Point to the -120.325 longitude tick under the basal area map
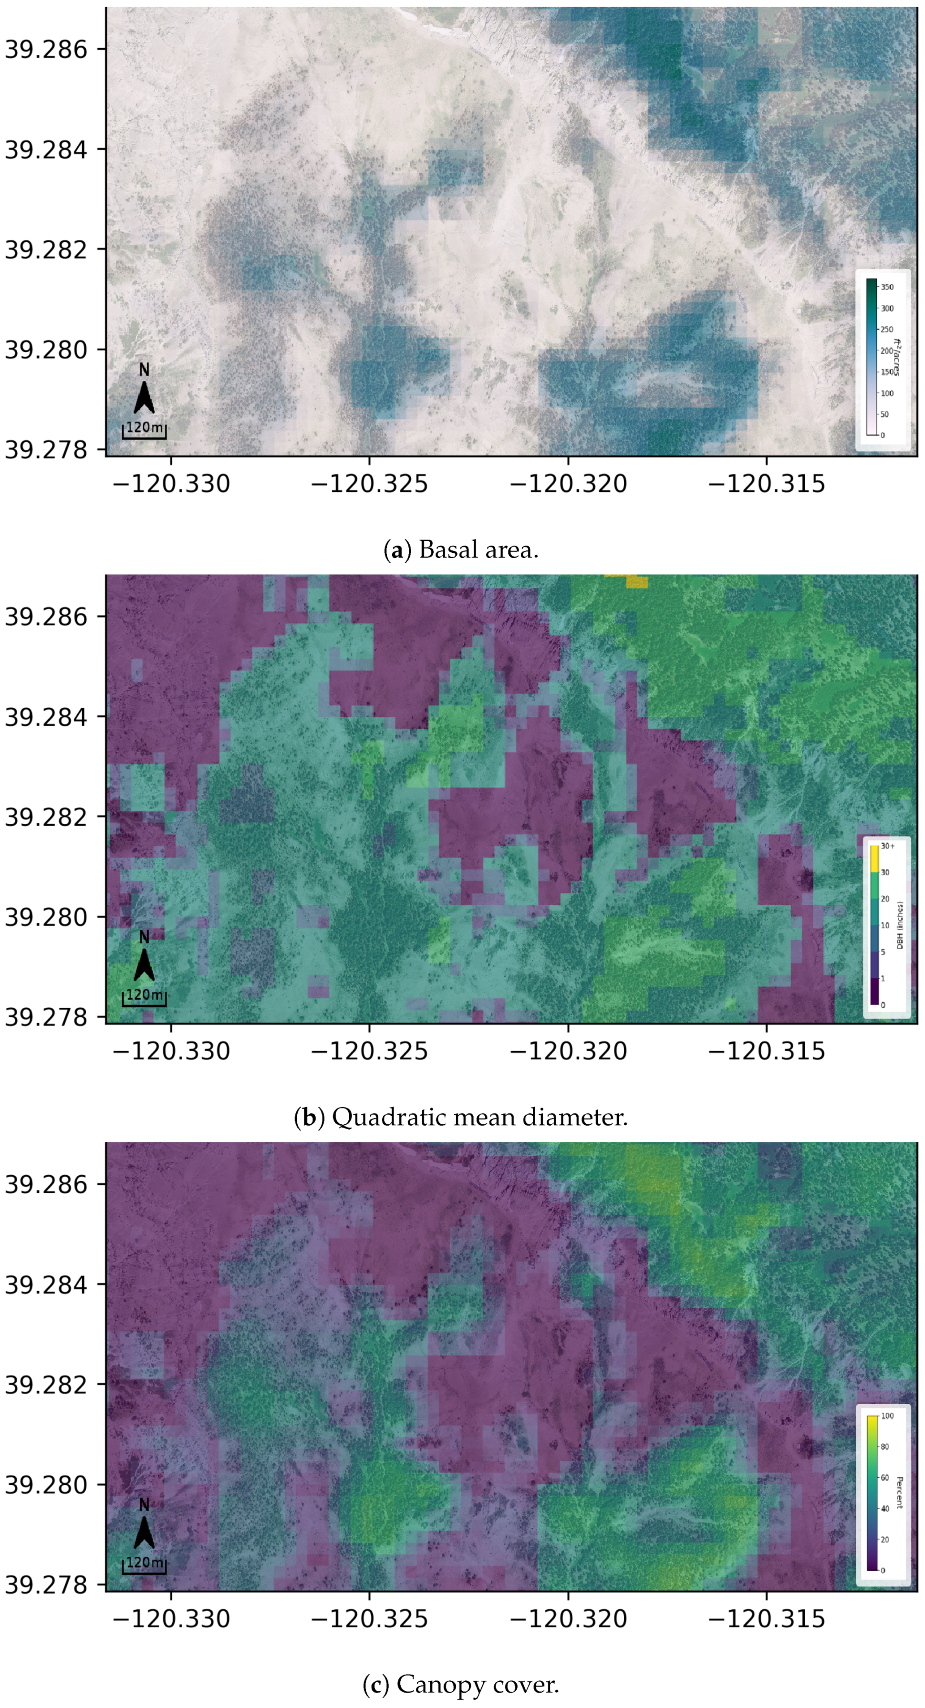pyautogui.click(x=369, y=483)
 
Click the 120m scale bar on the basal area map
pyautogui.click(x=144, y=431)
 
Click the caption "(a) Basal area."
pyautogui.click(x=461, y=549)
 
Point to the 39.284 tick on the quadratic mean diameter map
pyautogui.click(x=46, y=717)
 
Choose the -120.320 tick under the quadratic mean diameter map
pyautogui.click(x=568, y=1051)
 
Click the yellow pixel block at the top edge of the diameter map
pyautogui.click(x=636, y=581)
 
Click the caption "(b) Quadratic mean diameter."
pyautogui.click(x=461, y=1117)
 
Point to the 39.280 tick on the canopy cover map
pyautogui.click(x=46, y=1485)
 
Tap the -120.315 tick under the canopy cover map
pyautogui.click(x=767, y=1618)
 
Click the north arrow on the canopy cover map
pyautogui.click(x=144, y=1526)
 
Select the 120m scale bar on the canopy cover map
pyautogui.click(x=144, y=1566)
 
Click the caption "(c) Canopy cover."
pyautogui.click(x=461, y=1685)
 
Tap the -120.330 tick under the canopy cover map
pyautogui.click(x=171, y=1618)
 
